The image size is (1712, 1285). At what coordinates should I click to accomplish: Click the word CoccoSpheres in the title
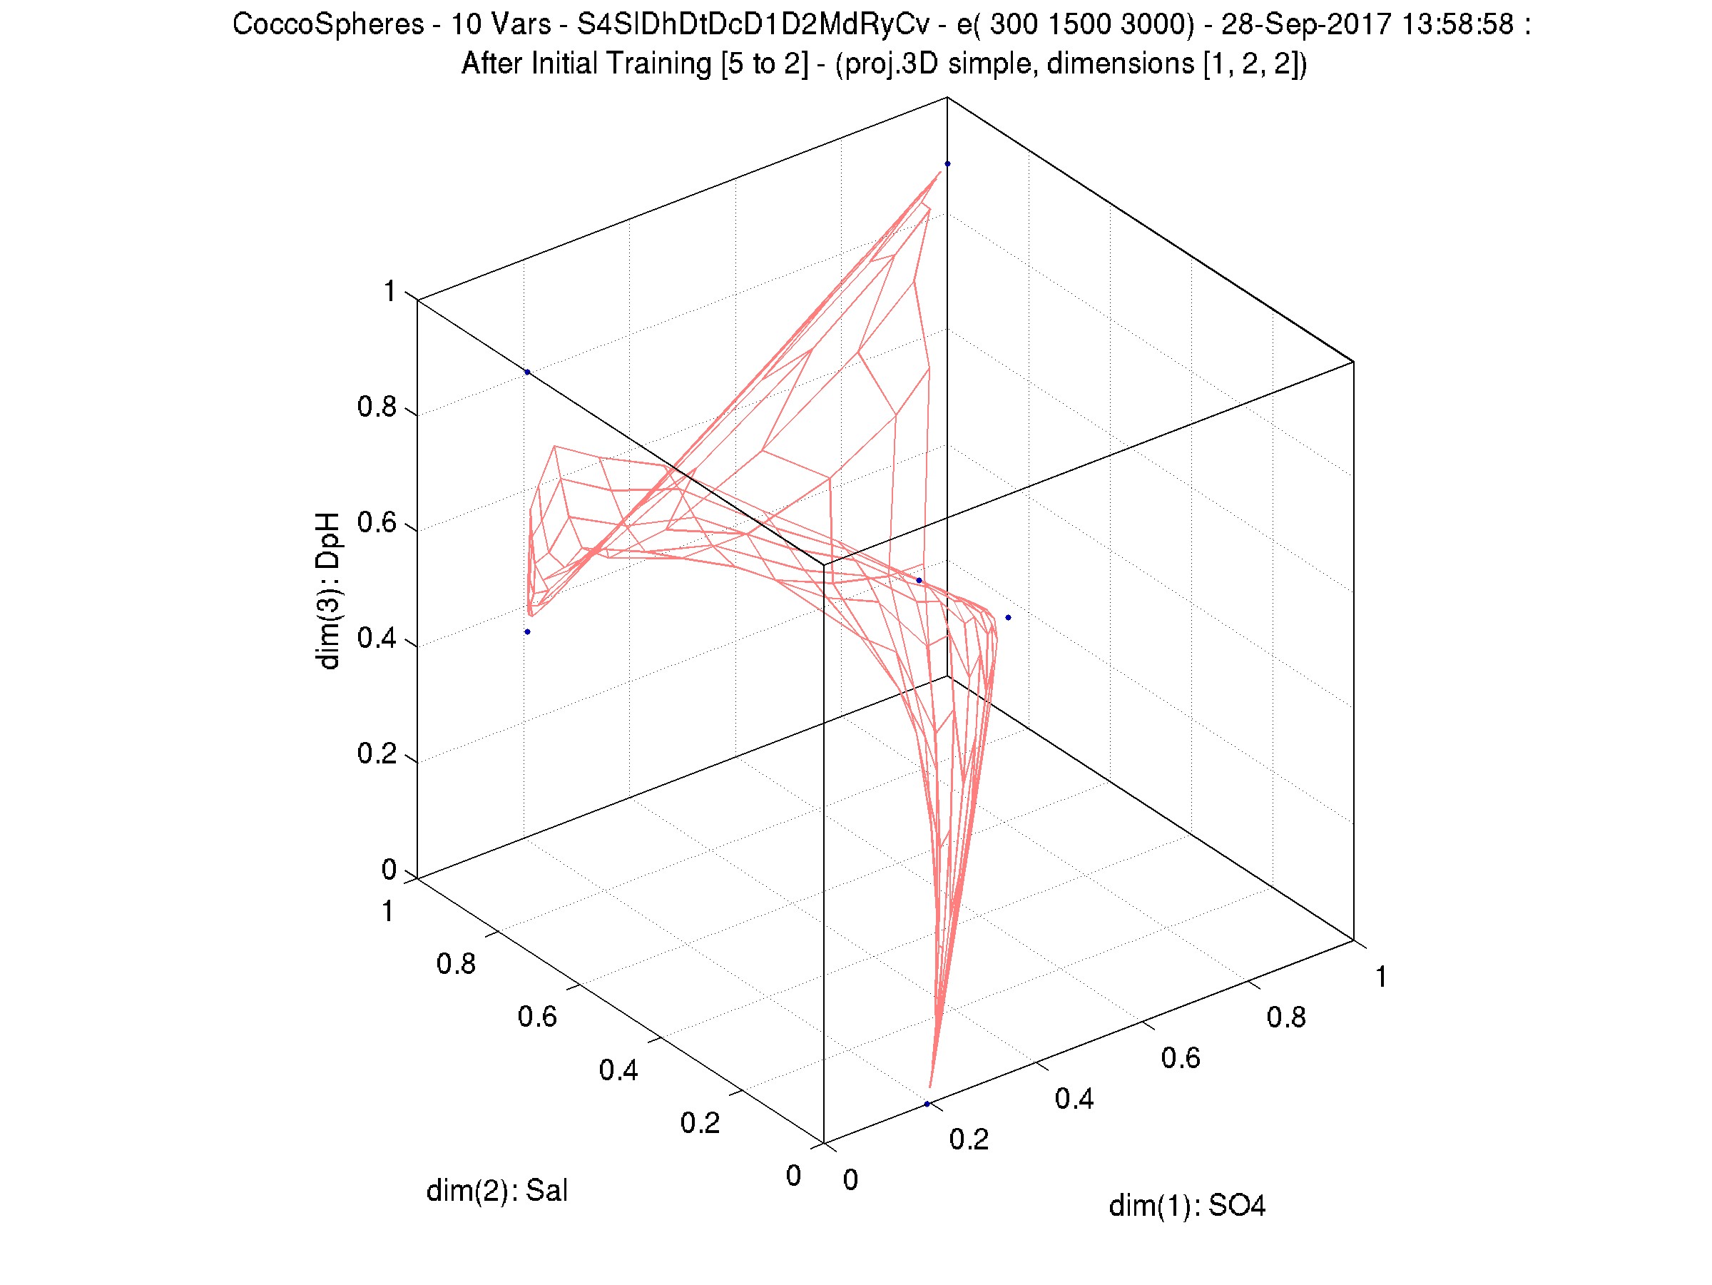click(327, 25)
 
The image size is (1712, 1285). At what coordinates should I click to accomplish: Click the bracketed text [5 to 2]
click(763, 64)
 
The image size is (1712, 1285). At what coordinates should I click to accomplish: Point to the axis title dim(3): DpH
click(328, 590)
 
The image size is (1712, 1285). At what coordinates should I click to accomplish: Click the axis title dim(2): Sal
click(497, 1191)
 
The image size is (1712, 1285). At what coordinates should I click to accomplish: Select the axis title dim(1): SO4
click(1186, 1206)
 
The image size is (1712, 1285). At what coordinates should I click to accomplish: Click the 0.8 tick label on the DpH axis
click(377, 407)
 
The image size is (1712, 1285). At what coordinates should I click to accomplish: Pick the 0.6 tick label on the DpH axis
click(377, 523)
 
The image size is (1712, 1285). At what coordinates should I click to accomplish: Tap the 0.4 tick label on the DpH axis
click(377, 639)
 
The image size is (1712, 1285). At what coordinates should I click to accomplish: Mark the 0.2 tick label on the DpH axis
click(377, 754)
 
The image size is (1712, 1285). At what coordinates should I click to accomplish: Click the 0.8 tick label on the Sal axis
click(456, 964)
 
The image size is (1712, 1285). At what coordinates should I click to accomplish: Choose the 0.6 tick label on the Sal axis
click(537, 1017)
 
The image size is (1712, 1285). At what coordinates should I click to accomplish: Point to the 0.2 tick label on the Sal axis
click(700, 1123)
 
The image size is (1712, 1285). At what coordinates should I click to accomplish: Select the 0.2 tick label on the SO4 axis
click(969, 1139)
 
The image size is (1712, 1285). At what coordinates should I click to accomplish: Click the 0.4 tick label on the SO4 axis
click(1074, 1099)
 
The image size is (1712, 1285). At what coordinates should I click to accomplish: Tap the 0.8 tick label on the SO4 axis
click(1286, 1017)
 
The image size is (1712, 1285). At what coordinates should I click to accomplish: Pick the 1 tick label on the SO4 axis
click(1381, 977)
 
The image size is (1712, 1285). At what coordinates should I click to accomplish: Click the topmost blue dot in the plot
click(947, 164)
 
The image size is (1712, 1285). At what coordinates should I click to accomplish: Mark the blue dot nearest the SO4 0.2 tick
click(927, 1104)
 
